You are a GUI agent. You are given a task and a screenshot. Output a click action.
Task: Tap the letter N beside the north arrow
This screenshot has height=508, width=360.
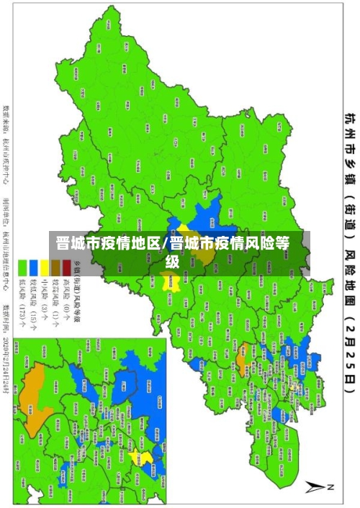tap(332, 488)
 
